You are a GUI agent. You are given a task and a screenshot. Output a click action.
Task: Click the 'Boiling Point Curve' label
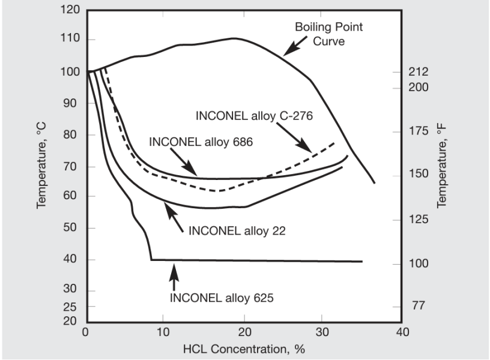(328, 34)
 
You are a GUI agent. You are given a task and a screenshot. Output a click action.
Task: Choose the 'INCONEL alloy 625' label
(222, 297)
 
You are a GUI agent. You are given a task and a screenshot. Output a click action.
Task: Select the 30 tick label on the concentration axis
(323, 332)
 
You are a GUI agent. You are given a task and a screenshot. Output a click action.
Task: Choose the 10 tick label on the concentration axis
(165, 332)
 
